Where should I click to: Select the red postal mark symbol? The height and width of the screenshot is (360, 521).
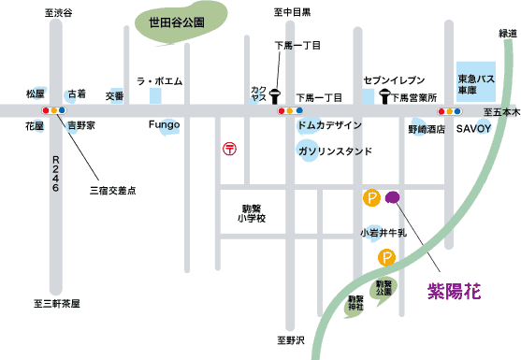click(229, 148)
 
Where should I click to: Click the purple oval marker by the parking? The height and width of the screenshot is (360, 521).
click(394, 196)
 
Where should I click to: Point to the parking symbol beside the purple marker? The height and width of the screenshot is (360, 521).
click(371, 197)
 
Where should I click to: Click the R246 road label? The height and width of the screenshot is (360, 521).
click(56, 174)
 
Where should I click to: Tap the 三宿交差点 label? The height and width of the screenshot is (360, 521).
click(113, 190)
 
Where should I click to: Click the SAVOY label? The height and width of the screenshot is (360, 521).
click(472, 129)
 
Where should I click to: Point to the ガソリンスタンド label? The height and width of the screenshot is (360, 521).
click(335, 151)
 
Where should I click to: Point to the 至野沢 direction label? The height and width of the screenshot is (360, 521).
click(290, 341)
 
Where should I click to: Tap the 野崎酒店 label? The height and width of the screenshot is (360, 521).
click(427, 129)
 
